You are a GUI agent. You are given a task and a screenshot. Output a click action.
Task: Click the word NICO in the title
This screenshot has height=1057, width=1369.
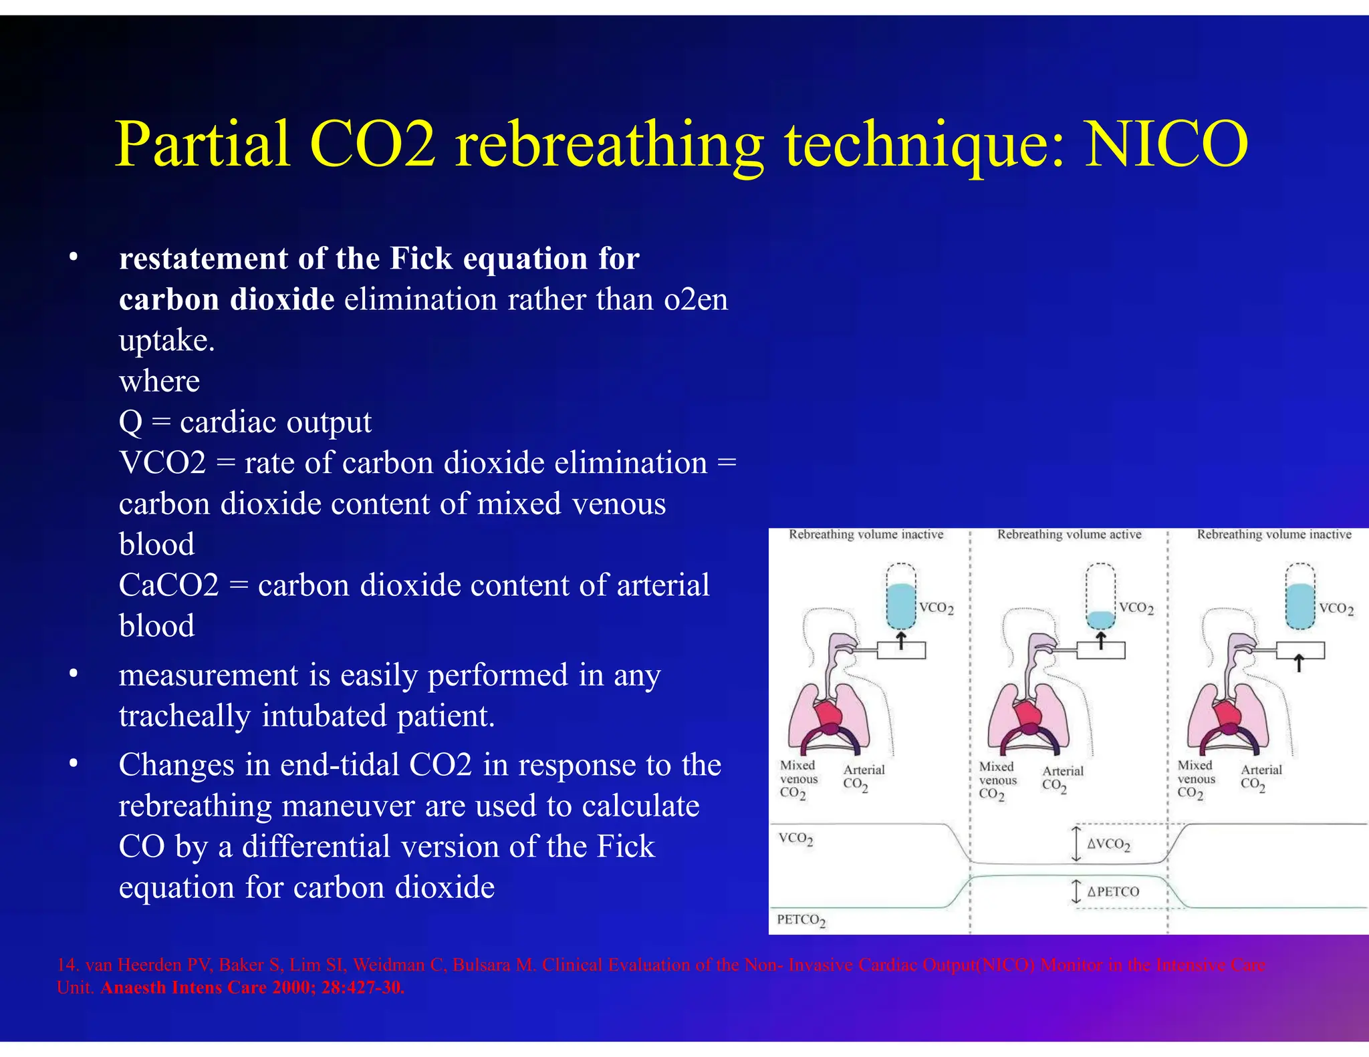[1166, 144]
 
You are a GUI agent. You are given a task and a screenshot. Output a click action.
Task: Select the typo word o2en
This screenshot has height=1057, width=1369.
[696, 299]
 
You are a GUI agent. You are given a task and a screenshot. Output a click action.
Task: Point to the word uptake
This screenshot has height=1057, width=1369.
[166, 341]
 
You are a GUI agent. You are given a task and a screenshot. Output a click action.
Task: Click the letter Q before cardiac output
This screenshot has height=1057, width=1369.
[130, 422]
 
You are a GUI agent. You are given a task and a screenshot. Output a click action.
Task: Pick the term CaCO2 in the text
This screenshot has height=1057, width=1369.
[168, 585]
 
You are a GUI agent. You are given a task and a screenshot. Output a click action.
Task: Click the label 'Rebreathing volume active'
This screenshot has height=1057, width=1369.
[1069, 535]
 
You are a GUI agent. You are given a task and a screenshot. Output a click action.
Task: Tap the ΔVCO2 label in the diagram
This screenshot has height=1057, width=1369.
[1108, 844]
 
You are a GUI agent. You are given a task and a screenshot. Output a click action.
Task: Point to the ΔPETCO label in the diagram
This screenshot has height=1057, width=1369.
[1112, 891]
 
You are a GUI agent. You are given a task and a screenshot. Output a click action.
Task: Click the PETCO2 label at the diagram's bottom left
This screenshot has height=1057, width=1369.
[801, 920]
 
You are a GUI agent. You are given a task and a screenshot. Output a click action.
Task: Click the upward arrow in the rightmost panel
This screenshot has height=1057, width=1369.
[1298, 663]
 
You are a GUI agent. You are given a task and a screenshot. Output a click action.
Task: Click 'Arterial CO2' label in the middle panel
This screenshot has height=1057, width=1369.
[1062, 778]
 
